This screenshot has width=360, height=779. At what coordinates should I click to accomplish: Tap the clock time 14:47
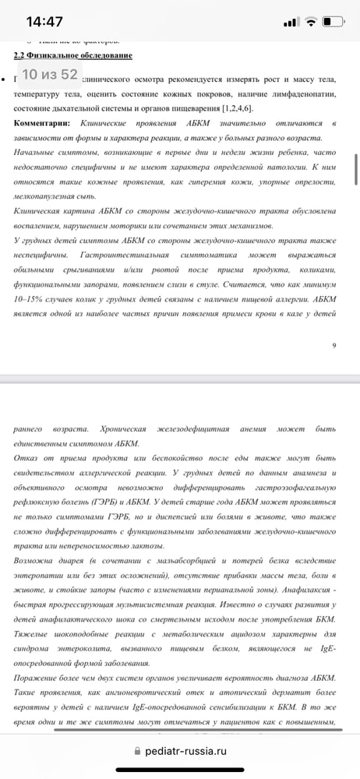pos(44,21)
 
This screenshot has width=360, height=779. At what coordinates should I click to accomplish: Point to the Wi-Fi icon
pos(310,21)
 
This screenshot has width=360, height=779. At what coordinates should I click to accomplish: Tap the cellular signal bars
pos(290,21)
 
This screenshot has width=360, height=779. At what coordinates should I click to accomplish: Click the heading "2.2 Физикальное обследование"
pos(73,55)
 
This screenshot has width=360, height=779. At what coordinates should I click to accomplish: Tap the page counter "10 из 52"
pos(49,75)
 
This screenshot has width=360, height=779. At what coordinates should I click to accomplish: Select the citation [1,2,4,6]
pos(231,108)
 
